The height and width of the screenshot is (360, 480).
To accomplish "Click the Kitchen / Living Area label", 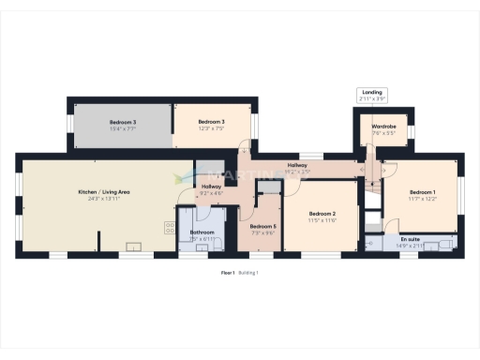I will point(103,191).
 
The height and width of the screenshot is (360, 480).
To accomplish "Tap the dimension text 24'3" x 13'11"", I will point(103,199).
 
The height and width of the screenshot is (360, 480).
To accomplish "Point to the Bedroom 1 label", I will point(421,191).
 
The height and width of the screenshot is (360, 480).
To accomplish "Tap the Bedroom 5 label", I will point(262,226).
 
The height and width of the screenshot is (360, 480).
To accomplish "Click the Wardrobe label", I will point(383,126).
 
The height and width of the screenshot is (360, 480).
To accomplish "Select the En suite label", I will point(410,239).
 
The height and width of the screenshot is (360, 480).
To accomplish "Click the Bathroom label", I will point(202,232).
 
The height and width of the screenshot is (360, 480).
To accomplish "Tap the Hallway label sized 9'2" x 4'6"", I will point(212,187).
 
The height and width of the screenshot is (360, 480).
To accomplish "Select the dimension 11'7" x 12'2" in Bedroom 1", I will point(421,199).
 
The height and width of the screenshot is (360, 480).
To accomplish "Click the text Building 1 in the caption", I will point(248,272).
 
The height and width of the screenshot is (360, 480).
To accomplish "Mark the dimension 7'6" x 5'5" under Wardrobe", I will point(383,133).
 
